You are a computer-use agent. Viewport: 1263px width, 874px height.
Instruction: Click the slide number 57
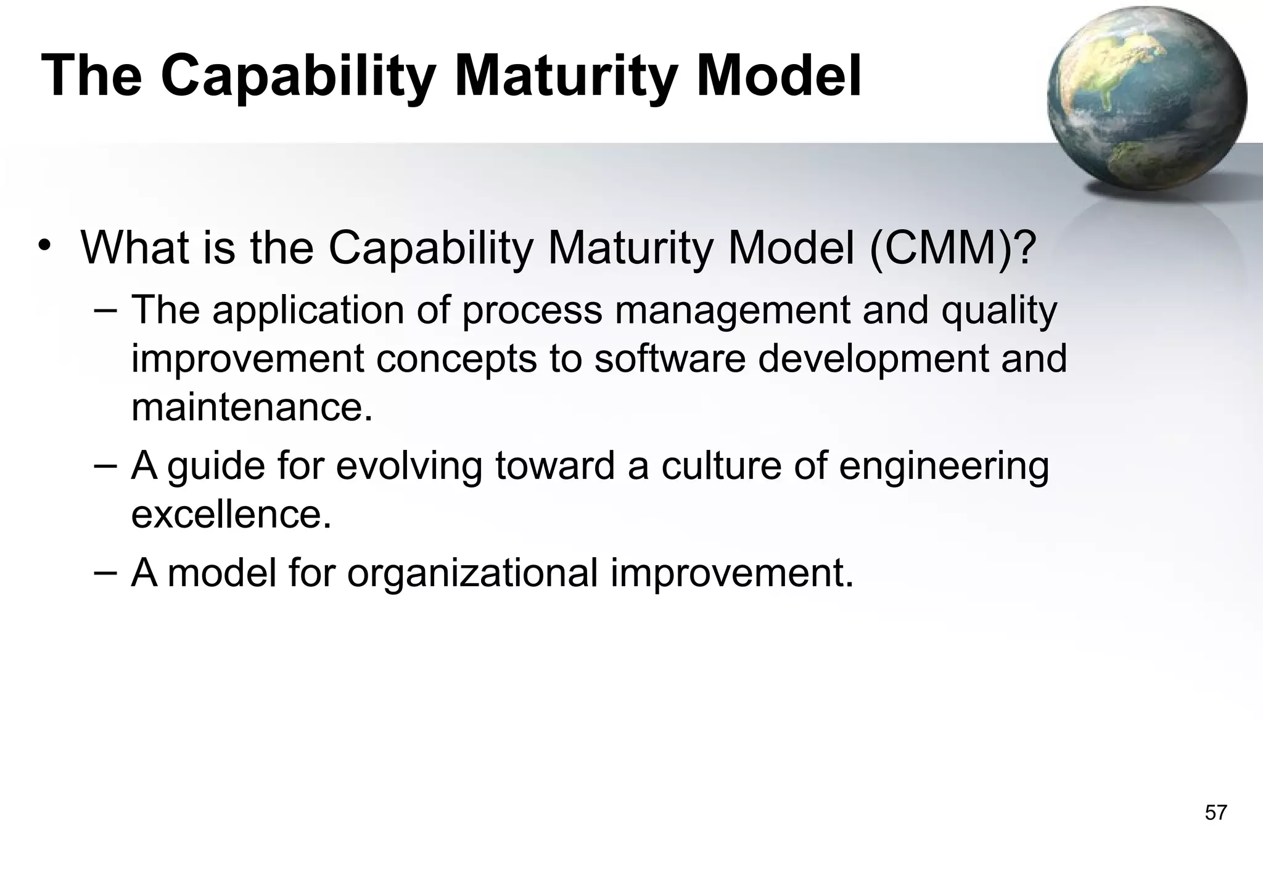coord(1216,812)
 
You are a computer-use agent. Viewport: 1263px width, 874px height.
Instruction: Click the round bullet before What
coord(44,246)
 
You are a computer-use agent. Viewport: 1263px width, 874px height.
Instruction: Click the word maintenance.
coord(252,407)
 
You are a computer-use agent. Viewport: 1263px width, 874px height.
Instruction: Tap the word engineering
coord(944,467)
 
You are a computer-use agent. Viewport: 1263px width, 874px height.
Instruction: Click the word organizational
coord(472,574)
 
